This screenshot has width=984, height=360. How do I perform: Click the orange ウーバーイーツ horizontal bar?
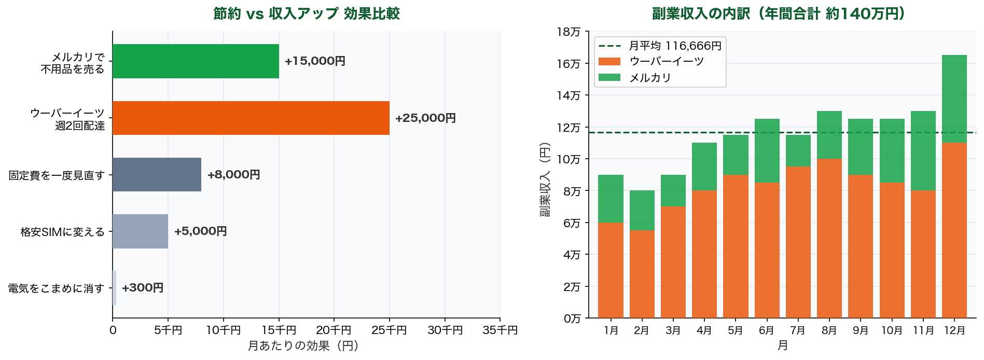[x=251, y=118]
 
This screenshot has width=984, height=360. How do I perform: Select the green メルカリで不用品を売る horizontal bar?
[x=196, y=61]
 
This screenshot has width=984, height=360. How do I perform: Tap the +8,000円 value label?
[x=233, y=175]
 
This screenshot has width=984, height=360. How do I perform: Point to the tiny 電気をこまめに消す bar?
[x=114, y=288]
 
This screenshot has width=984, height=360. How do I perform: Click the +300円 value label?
[x=143, y=288]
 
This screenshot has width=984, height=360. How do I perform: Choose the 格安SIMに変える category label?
[x=62, y=232]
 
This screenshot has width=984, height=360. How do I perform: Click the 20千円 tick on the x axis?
[x=334, y=330]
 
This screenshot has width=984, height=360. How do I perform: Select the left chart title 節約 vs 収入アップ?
[x=307, y=13]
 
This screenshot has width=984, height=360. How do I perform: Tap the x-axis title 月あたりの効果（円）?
[x=303, y=346]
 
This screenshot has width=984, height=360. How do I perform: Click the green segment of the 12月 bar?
[x=954, y=99]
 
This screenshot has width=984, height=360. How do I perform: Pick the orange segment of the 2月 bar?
[x=642, y=274]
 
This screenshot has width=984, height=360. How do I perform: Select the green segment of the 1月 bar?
[x=611, y=199]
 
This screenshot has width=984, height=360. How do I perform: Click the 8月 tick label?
[x=829, y=330]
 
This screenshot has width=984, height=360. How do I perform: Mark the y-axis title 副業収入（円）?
[x=544, y=179]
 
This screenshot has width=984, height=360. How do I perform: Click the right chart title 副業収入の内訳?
[x=778, y=13]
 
